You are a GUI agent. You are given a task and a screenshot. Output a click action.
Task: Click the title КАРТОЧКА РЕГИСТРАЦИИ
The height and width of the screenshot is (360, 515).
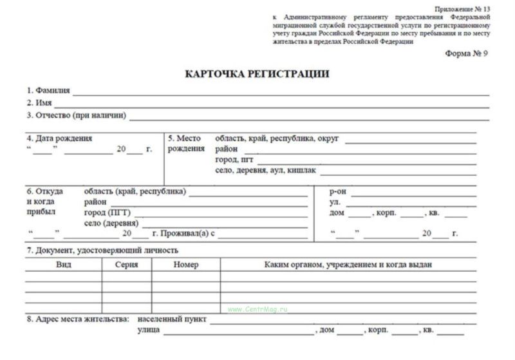(x=257, y=74)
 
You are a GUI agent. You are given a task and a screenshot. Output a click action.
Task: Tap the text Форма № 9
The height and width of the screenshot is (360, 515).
(x=467, y=53)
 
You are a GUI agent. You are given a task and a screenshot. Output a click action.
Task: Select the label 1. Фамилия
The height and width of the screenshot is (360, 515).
(x=48, y=90)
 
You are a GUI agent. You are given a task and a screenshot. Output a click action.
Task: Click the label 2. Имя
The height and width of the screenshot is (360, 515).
(x=39, y=102)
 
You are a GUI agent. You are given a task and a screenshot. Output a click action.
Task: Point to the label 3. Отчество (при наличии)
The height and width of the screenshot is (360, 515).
(x=76, y=115)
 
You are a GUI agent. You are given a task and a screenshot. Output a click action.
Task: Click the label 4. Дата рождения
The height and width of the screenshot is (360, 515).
(x=59, y=138)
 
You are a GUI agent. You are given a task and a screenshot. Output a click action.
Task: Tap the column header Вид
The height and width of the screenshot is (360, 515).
(x=63, y=265)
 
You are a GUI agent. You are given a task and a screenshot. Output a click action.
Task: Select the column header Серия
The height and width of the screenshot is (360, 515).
(x=127, y=265)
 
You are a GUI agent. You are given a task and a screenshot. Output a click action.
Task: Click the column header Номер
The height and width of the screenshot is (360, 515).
(x=186, y=265)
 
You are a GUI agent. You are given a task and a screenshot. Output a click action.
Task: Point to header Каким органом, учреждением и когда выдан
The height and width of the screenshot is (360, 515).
(x=348, y=265)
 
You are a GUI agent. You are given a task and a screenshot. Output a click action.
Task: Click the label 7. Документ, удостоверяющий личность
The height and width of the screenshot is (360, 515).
(x=102, y=250)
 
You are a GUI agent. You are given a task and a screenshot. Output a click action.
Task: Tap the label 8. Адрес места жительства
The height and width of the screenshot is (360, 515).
(x=78, y=319)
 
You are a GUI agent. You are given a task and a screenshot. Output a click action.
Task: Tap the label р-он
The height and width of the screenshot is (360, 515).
(x=339, y=191)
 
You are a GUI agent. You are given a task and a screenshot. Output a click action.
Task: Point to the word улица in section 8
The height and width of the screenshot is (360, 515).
(x=149, y=330)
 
